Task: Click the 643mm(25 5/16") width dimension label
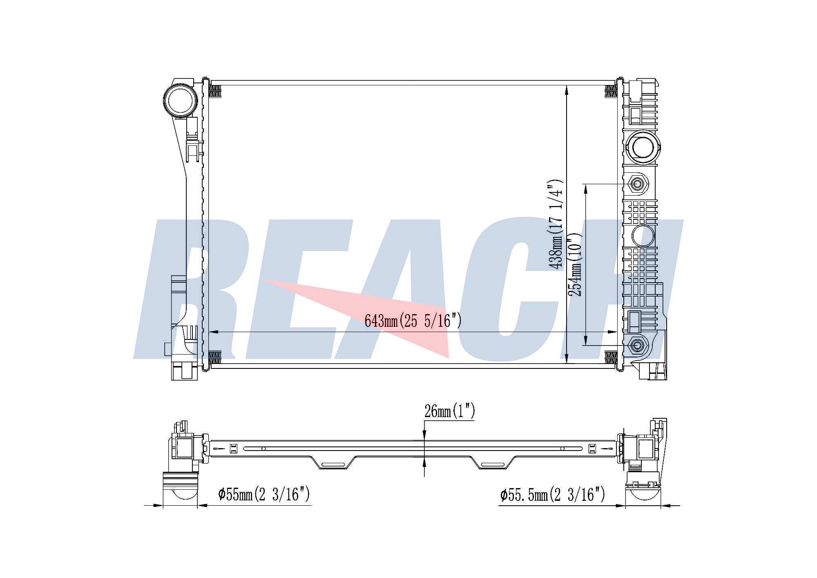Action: coord(413,321)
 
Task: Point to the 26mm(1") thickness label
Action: coord(450,411)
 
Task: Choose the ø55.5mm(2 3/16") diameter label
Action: coord(552,495)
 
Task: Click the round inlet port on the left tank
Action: coord(180,100)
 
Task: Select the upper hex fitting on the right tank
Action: coord(636,184)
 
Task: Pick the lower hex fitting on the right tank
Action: coord(636,346)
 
